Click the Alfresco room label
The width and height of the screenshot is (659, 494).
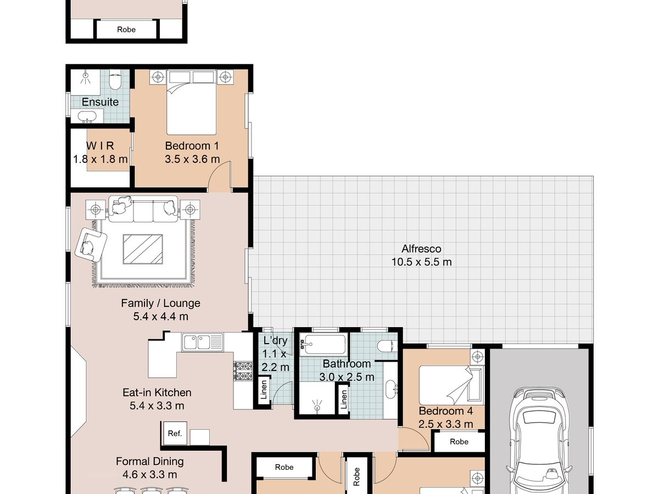(421, 249)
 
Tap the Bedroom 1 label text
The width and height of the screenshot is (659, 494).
(192, 146)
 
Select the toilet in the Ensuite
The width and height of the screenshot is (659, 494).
(115, 80)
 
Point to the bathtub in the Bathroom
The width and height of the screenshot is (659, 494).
(323, 344)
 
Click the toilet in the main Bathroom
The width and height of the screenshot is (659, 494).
(387, 346)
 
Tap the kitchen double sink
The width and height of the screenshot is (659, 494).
(202, 342)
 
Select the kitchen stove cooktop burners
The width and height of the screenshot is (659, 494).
(243, 371)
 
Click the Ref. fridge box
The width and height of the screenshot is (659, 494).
(175, 433)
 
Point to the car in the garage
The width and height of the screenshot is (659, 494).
(539, 441)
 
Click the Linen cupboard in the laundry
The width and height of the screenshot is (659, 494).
(264, 390)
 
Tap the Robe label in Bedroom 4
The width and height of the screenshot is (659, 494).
(459, 441)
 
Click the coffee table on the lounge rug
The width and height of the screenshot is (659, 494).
(143, 249)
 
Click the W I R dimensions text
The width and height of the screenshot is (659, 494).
(100, 159)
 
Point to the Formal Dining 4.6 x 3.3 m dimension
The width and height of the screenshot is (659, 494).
(149, 474)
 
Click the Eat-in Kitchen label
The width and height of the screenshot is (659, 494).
(157, 392)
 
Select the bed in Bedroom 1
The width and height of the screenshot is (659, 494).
(192, 102)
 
